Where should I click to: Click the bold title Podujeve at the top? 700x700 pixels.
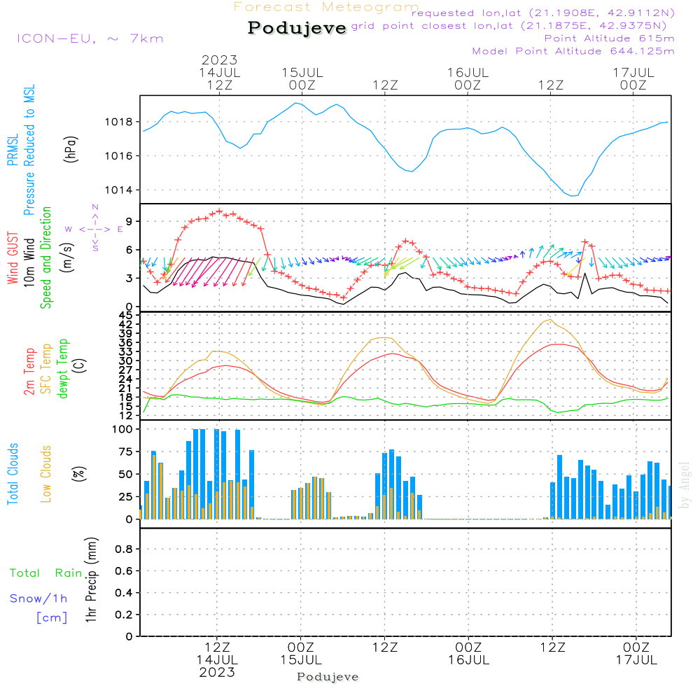(297, 28)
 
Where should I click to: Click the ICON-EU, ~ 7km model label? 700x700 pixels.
(90, 38)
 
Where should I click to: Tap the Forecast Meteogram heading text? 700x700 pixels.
(326, 7)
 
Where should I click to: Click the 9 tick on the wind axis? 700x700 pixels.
(129, 221)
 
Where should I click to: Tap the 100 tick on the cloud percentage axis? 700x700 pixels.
(123, 430)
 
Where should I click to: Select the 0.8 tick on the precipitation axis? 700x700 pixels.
(124, 549)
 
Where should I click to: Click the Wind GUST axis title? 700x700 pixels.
(13, 258)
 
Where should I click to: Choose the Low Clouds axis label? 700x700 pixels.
(47, 473)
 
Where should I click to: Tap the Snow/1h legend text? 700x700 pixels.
(38, 599)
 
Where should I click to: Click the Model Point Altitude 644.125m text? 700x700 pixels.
(573, 51)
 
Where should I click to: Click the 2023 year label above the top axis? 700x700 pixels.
(219, 59)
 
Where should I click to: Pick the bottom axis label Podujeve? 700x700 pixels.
(328, 677)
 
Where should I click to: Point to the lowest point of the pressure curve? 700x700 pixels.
(573, 196)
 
